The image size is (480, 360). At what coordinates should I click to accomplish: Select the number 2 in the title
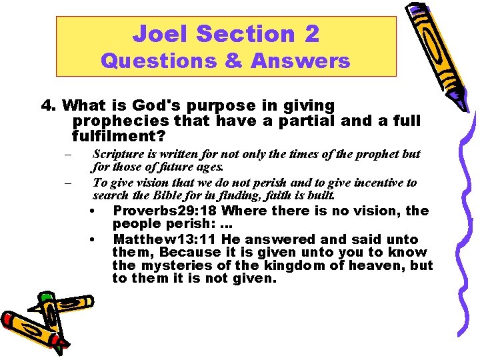point(311,33)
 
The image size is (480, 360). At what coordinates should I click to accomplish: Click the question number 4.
point(48,106)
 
